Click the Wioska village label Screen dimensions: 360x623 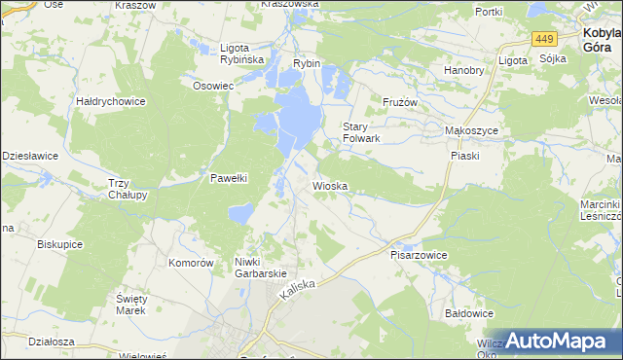330,185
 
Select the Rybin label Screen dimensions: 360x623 307,63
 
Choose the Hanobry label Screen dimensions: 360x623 463,70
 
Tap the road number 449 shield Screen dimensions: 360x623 544,38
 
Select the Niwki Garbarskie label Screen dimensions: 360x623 260,268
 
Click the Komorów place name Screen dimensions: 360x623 191,263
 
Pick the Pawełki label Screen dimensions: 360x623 231,178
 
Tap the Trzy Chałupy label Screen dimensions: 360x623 128,189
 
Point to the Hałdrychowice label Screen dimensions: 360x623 111,100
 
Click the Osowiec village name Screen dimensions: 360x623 213,85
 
